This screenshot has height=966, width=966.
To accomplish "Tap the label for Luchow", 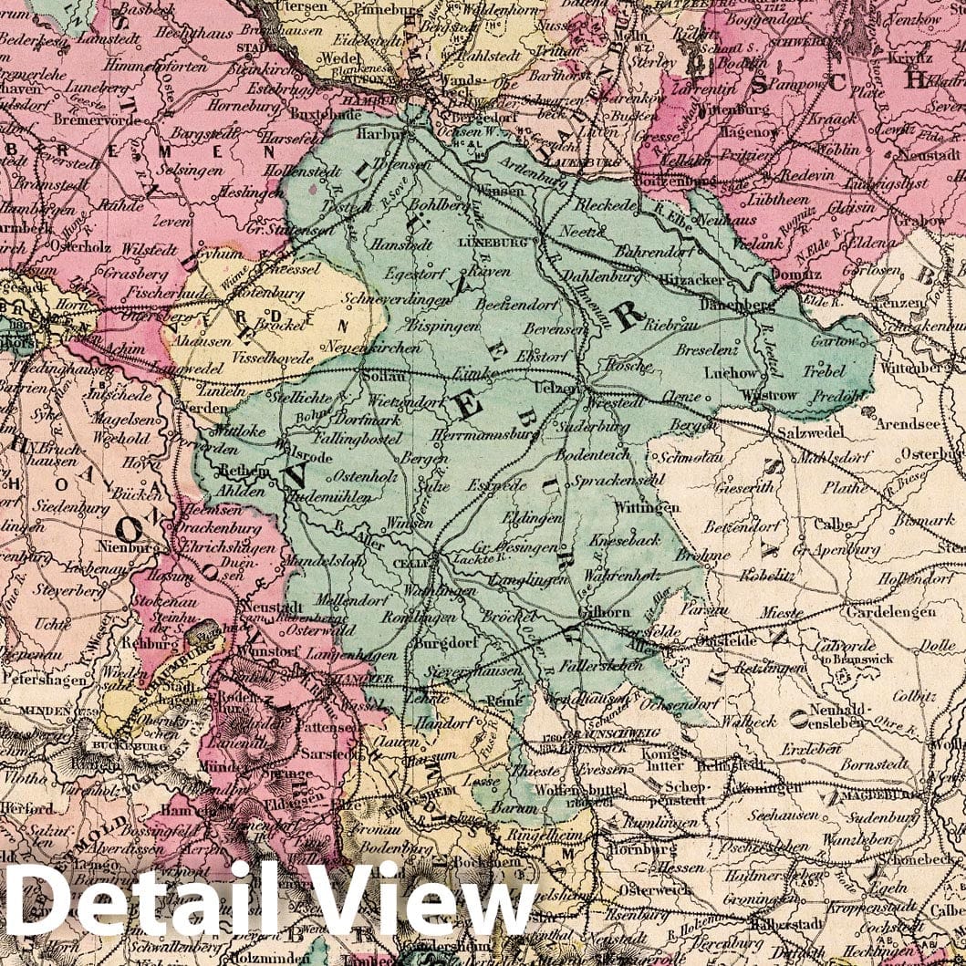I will pos(731,373).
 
